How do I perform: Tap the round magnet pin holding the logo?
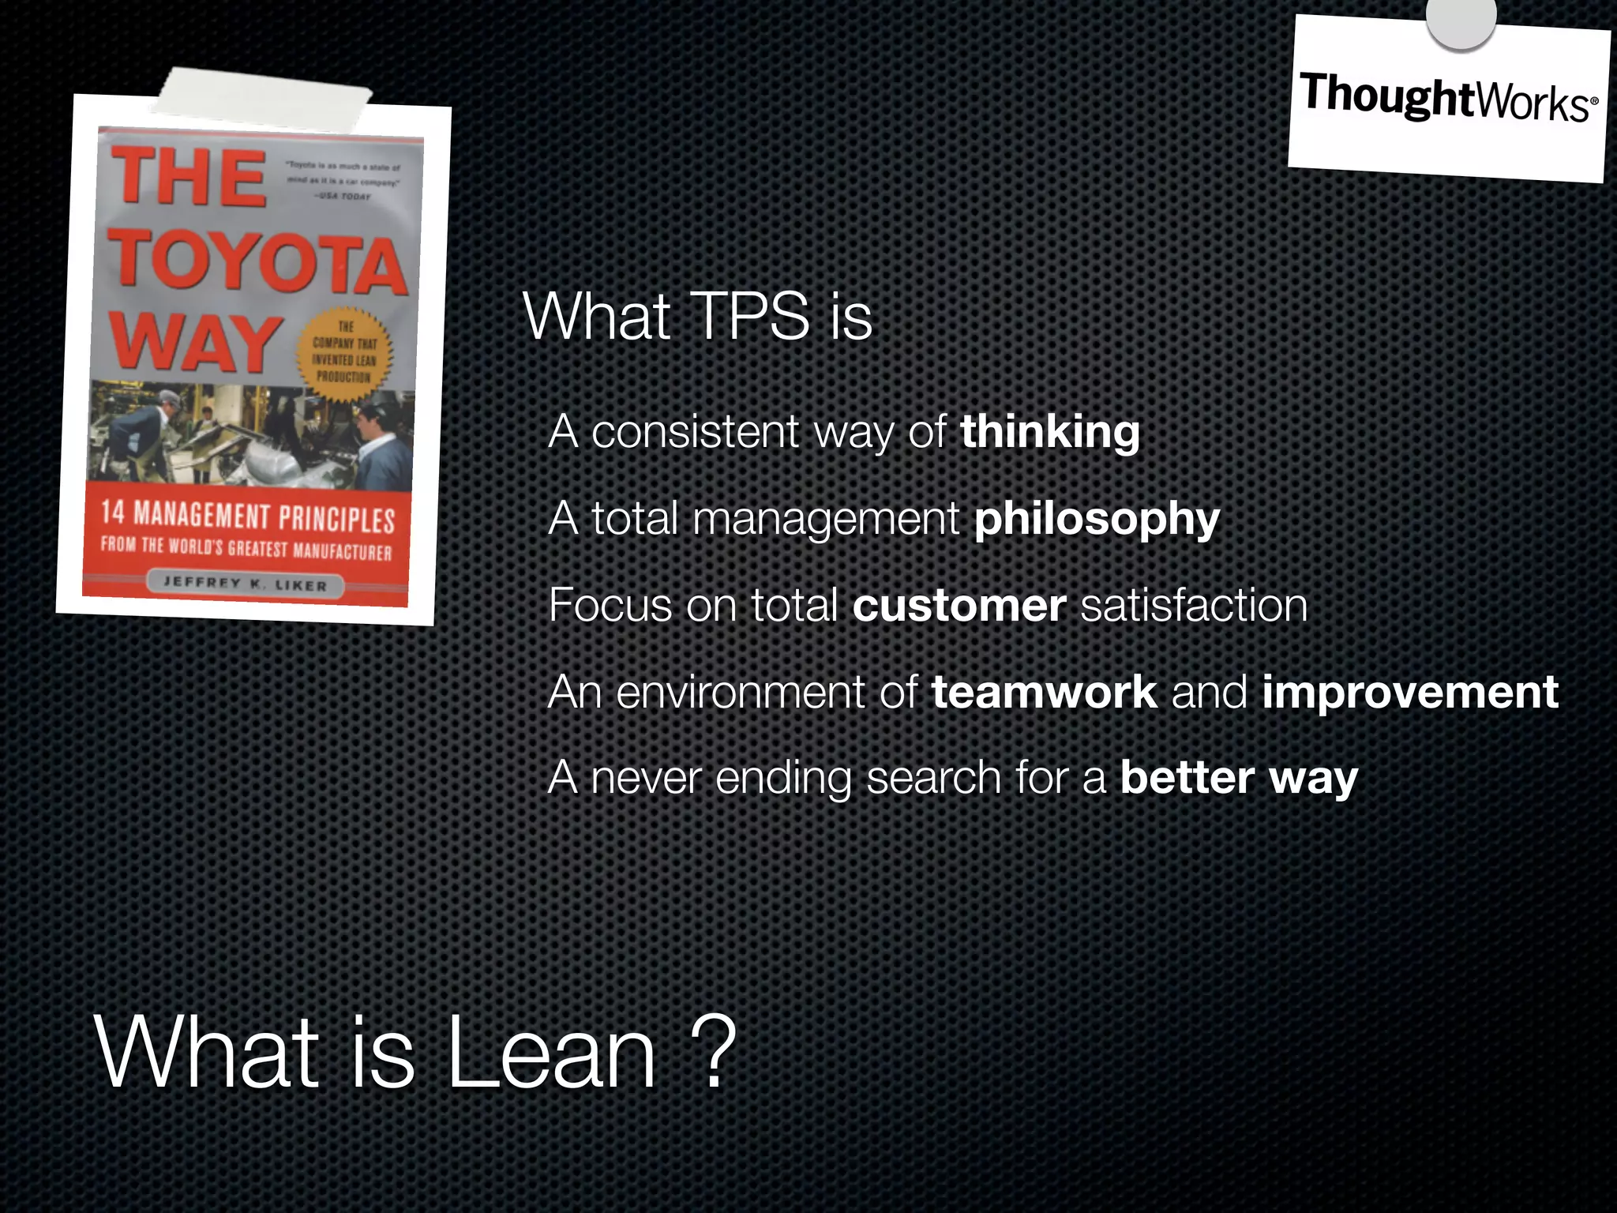pyautogui.click(x=1461, y=19)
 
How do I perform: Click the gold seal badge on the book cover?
pyautogui.click(x=344, y=352)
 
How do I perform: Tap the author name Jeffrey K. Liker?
pyautogui.click(x=246, y=584)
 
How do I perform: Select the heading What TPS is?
pyautogui.click(x=697, y=317)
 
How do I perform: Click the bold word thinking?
pyautogui.click(x=1049, y=432)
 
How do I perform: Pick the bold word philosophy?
pyautogui.click(x=1097, y=519)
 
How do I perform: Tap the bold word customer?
pyautogui.click(x=959, y=606)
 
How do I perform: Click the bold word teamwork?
pyautogui.click(x=1044, y=692)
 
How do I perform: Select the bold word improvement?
pyautogui.click(x=1409, y=692)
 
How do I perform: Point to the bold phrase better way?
pyautogui.click(x=1239, y=778)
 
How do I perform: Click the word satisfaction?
pyautogui.click(x=1194, y=606)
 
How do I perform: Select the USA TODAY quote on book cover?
pyautogui.click(x=344, y=181)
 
